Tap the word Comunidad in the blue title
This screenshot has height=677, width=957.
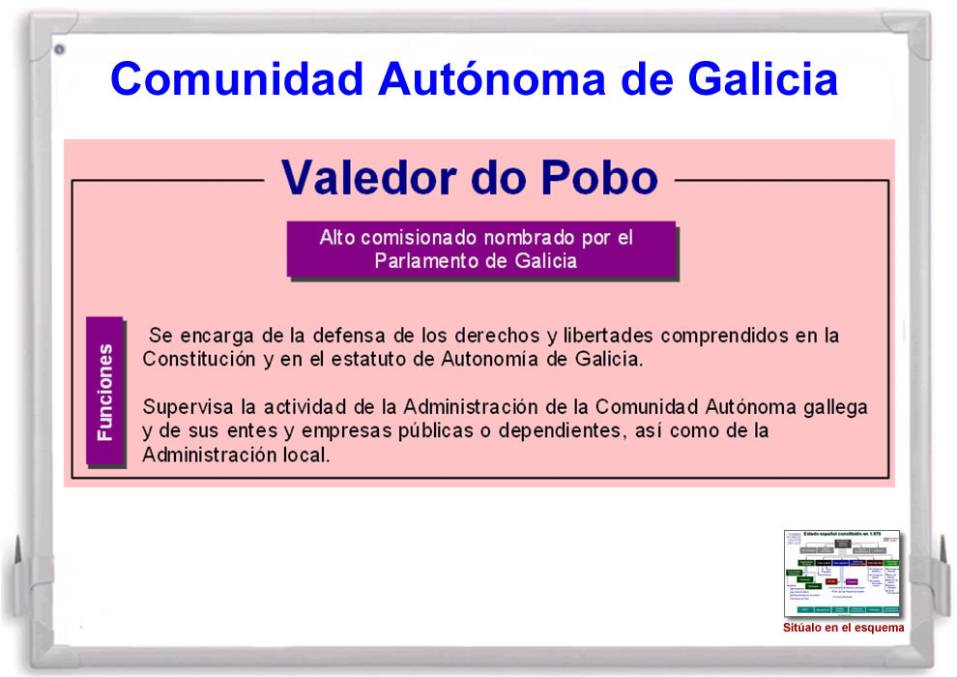(237, 77)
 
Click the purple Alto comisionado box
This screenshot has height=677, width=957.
(480, 250)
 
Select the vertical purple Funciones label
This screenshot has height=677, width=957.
(104, 392)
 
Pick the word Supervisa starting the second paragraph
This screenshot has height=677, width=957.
(184, 406)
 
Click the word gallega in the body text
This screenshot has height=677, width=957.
(834, 406)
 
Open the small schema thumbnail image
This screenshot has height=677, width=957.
(841, 574)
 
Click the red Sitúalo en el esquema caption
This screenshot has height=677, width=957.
(843, 628)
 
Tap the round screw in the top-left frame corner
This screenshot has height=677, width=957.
(59, 49)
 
